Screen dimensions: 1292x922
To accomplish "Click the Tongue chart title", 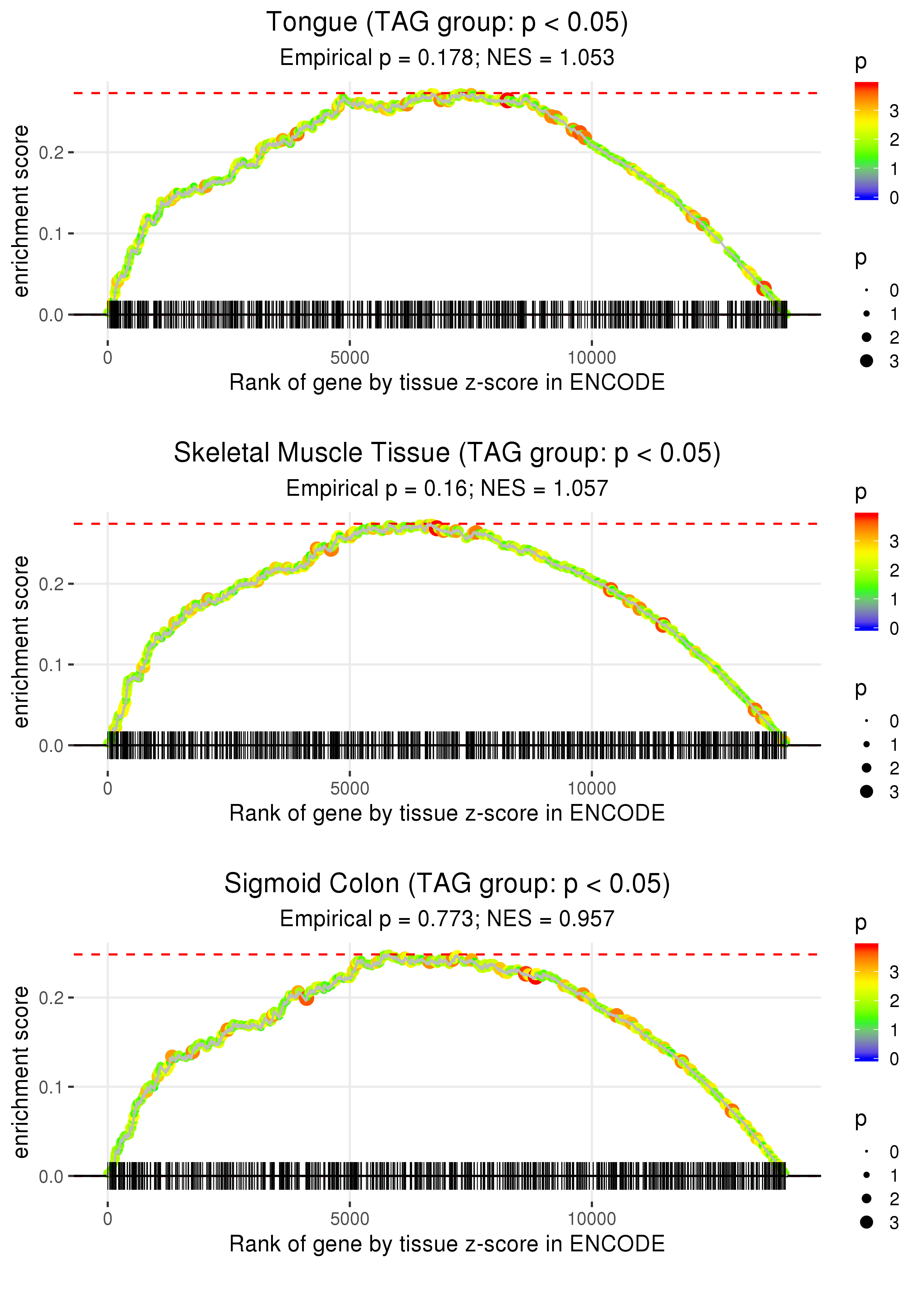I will (x=447, y=23).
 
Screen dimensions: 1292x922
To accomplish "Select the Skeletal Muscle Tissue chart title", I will (x=447, y=453).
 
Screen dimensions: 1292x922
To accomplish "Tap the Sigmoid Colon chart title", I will (x=447, y=884).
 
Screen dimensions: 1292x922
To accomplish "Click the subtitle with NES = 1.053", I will (x=447, y=58).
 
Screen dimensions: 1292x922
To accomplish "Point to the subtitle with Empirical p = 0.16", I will (x=447, y=489).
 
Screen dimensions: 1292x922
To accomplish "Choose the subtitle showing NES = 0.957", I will (x=447, y=919).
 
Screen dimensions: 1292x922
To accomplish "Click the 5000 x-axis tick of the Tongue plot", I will (x=350, y=358).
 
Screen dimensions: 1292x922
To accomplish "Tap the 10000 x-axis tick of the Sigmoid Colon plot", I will (x=592, y=1219).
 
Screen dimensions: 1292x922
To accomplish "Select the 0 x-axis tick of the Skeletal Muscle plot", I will (x=108, y=788).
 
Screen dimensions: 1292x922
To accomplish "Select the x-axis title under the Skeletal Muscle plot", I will (x=447, y=813).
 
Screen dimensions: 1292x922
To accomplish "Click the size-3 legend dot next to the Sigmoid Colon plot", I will (x=866, y=1222).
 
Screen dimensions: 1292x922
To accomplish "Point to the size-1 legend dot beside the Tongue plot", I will (x=866, y=314).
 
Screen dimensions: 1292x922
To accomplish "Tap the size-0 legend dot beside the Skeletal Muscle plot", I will (x=866, y=721).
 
